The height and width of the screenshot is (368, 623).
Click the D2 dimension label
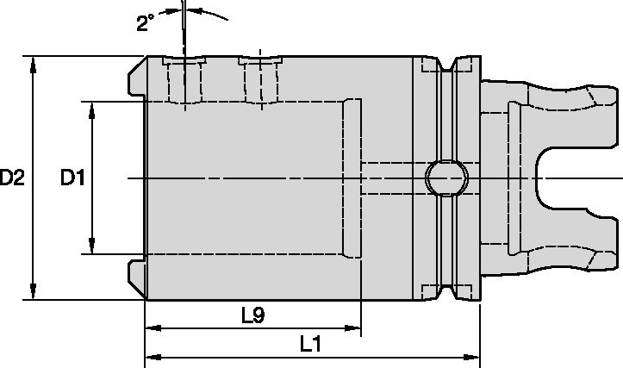coord(12,178)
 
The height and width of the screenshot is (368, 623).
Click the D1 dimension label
coord(72,178)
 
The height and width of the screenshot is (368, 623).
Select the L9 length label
coord(252,315)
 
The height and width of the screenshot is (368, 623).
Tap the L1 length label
coord(311,344)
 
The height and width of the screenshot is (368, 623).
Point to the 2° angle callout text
coord(146,23)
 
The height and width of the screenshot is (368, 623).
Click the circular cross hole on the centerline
coord(446,178)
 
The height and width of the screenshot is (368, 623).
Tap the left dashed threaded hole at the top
coord(185,81)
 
